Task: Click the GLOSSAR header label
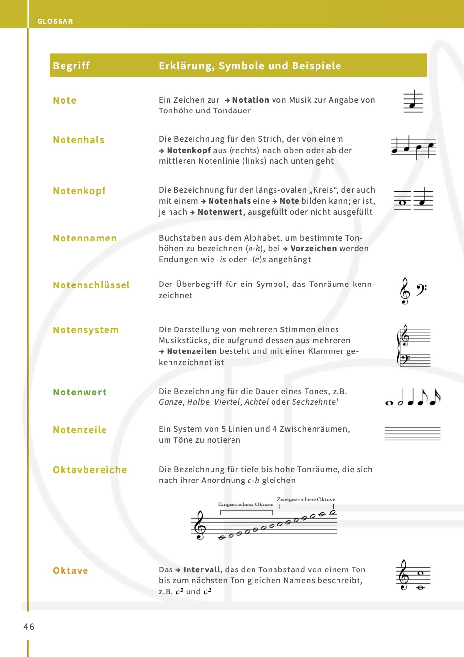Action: click(x=55, y=22)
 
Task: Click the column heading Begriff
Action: click(x=71, y=66)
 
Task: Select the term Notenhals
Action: click(x=79, y=140)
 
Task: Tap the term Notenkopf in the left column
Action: click(x=79, y=191)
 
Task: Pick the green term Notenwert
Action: click(x=80, y=393)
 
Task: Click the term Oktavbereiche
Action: click(x=90, y=470)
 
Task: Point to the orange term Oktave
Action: click(x=70, y=571)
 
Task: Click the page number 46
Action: click(x=29, y=627)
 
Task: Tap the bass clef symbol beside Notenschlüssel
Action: click(x=421, y=290)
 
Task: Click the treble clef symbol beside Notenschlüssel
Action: click(x=404, y=291)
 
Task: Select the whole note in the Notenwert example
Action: click(x=389, y=403)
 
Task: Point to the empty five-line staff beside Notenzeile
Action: click(x=413, y=434)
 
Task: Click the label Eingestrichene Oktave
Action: click(x=245, y=504)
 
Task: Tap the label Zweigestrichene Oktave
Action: click(x=306, y=500)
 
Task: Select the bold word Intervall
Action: click(x=202, y=570)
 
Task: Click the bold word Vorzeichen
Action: click(x=314, y=249)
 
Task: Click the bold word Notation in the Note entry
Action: click(x=251, y=100)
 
